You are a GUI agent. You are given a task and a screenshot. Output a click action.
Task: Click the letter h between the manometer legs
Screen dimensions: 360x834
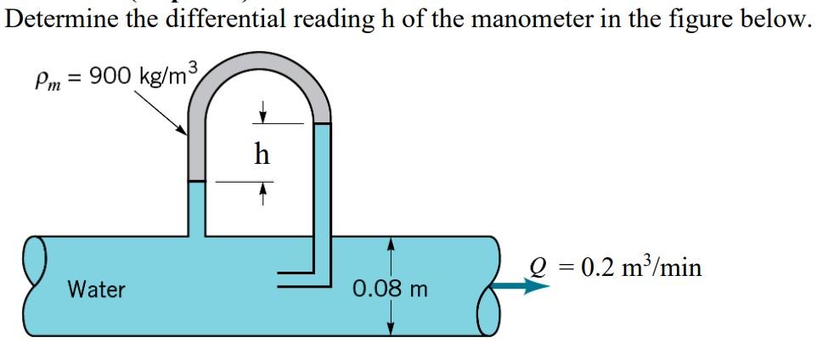pyautogui.click(x=262, y=155)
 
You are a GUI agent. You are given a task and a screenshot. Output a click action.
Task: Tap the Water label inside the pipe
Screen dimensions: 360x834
pyautogui.click(x=96, y=290)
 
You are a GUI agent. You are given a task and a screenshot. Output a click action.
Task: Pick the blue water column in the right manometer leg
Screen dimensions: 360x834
pyautogui.click(x=323, y=187)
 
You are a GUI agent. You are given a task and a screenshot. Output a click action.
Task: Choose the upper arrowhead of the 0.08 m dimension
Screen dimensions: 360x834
pyautogui.click(x=391, y=244)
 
